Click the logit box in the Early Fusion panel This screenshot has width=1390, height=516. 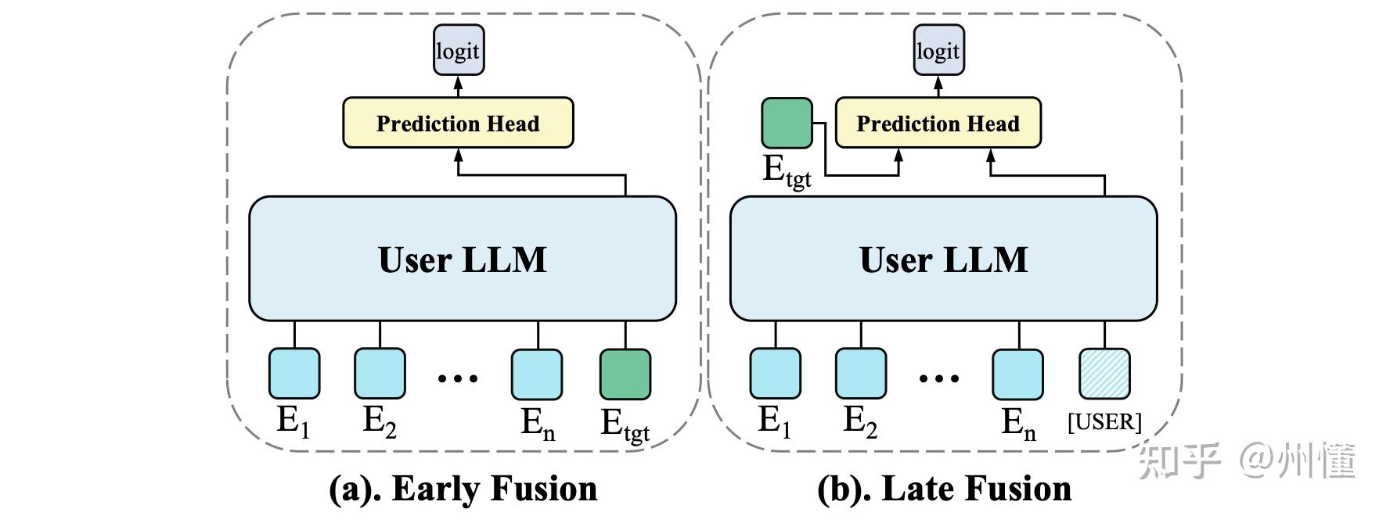[459, 51]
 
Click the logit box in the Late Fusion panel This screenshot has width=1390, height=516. [938, 51]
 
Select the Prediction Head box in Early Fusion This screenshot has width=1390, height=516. [458, 123]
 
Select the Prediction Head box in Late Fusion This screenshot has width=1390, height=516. [938, 123]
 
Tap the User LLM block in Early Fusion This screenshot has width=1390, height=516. [462, 259]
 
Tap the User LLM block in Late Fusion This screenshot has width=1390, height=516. [943, 259]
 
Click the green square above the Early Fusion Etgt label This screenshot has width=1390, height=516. [625, 374]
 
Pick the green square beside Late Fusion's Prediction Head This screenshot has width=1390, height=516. [787, 123]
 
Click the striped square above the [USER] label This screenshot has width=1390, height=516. [1104, 374]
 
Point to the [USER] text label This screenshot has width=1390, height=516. [1104, 422]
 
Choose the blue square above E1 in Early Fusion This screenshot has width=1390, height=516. [294, 374]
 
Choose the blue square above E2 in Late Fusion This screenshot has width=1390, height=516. [861, 374]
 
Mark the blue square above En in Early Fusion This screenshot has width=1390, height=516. [537, 374]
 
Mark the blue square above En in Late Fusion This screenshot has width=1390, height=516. [1018, 374]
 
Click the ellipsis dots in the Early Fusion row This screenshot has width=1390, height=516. [457, 379]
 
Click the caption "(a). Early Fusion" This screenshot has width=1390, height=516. [463, 489]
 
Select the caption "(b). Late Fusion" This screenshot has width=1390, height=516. [944, 489]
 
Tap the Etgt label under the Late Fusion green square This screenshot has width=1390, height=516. [787, 170]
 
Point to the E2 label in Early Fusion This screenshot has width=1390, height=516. [380, 422]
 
